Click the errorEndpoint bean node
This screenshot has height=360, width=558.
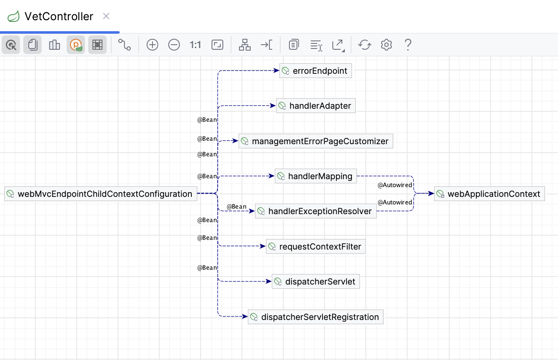point(315,71)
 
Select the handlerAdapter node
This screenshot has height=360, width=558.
point(316,106)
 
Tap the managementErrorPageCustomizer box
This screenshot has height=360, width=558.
point(316,141)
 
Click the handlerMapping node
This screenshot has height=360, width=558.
point(316,176)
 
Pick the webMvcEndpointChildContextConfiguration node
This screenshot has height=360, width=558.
point(101,194)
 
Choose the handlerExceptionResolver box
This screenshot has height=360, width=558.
point(316,211)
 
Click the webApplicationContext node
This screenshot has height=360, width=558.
point(489,194)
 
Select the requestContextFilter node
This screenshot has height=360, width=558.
point(316,247)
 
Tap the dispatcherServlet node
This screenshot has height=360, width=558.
point(316,282)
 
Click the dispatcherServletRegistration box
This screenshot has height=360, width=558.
point(316,317)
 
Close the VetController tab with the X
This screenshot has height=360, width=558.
point(106,16)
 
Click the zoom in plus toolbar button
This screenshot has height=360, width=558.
point(152,45)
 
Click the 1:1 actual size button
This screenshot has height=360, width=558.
point(196,45)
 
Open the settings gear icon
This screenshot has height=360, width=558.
point(386,45)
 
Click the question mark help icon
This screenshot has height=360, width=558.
point(408,45)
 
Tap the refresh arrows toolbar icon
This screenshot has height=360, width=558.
point(365,45)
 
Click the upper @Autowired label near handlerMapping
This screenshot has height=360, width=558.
point(394,185)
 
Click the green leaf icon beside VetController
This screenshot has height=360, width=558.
point(13,17)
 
